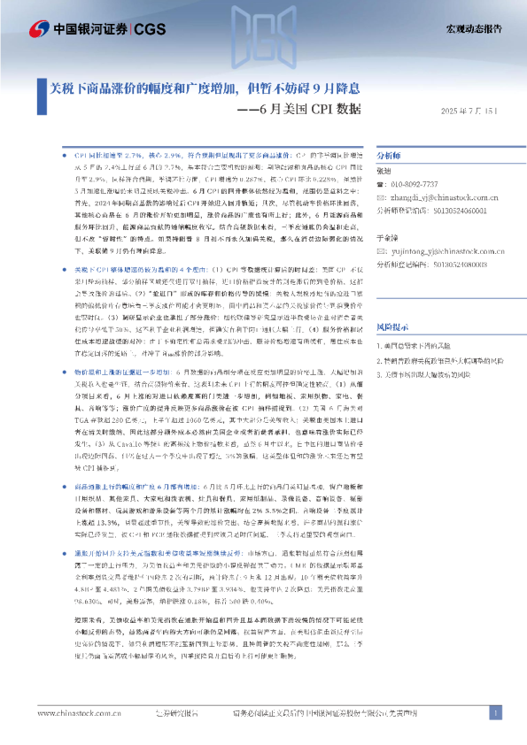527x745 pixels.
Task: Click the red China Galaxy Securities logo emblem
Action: (39, 30)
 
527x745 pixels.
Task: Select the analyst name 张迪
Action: (384, 170)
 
